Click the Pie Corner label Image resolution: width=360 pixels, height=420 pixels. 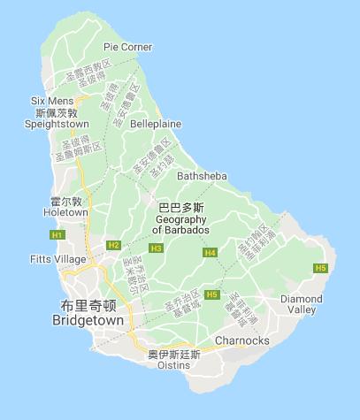127,47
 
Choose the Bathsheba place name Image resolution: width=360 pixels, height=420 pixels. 202,176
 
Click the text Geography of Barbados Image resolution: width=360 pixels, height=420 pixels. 180,225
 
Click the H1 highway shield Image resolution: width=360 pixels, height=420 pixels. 57,234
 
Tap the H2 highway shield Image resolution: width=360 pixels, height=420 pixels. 113,245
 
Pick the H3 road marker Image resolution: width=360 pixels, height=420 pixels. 156,248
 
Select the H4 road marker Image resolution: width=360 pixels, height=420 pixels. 210,253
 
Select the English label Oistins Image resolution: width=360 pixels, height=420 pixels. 172,364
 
